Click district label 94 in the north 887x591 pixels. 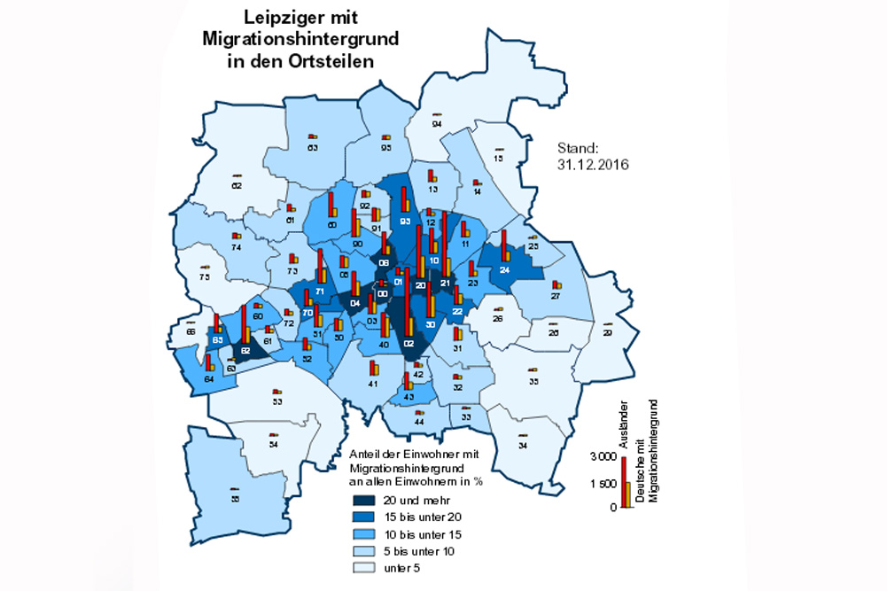[x=436, y=125]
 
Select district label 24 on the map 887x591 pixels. [x=504, y=269]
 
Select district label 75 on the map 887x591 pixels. [x=205, y=277]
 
